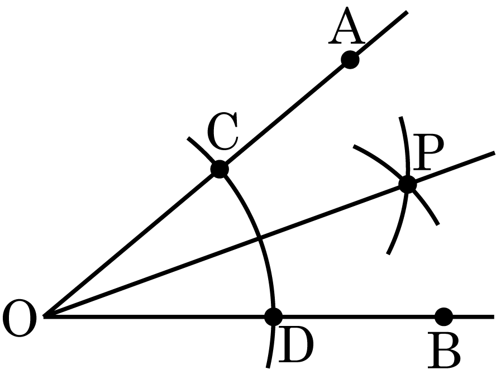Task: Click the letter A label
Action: click(x=347, y=25)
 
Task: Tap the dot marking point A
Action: click(x=350, y=59)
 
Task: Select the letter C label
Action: click(x=222, y=131)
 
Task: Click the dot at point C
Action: click(x=220, y=169)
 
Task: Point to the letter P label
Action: click(x=428, y=152)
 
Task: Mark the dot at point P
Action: click(x=407, y=184)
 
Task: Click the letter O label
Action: click(x=19, y=318)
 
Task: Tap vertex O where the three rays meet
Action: click(x=44, y=316)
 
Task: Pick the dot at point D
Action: click(x=273, y=316)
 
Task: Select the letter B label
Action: click(x=444, y=350)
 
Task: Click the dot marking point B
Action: click(x=444, y=316)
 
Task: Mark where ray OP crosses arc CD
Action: click(x=260, y=238)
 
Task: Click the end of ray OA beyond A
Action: click(x=407, y=12)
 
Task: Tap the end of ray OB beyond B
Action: click(x=494, y=316)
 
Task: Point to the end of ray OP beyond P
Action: click(x=494, y=153)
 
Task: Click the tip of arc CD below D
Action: click(x=268, y=368)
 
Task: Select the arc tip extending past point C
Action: click(x=188, y=137)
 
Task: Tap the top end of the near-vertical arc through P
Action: click(x=400, y=117)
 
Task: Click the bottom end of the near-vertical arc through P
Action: click(x=388, y=254)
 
